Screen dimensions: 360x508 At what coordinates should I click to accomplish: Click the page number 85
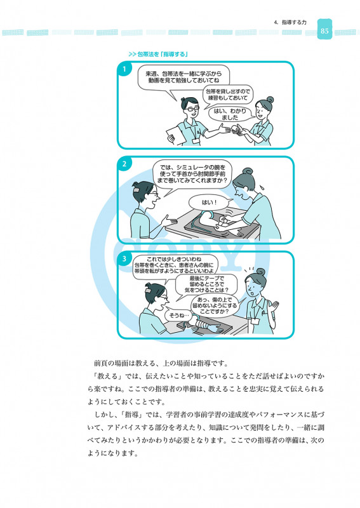[324, 31]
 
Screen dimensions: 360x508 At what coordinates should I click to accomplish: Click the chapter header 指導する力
[294, 22]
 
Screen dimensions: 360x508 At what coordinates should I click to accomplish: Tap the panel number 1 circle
[124, 69]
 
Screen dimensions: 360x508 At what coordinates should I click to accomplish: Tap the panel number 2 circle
[124, 164]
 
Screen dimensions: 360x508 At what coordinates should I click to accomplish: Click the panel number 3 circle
[124, 259]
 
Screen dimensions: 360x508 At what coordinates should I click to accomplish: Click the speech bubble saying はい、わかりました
[230, 114]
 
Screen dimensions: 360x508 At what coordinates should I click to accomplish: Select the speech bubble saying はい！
[209, 203]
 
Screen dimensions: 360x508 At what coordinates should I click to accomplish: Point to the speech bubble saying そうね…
[177, 315]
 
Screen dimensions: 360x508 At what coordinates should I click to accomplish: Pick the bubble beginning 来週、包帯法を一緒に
[183, 77]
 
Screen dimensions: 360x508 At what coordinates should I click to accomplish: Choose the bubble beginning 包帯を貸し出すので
[228, 95]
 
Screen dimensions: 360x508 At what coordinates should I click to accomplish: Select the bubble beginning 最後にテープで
[206, 284]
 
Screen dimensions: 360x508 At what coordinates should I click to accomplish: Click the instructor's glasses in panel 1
[192, 109]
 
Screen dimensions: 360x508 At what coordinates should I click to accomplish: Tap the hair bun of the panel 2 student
[248, 171]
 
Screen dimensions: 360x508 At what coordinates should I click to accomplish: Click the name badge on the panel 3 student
[255, 321]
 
